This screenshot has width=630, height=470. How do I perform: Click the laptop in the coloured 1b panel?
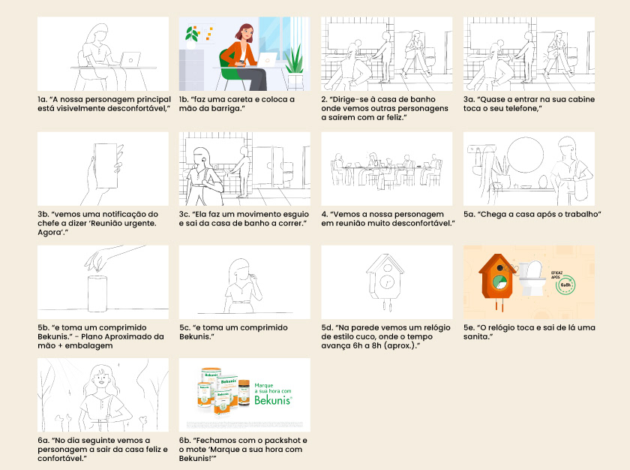tap(267, 59)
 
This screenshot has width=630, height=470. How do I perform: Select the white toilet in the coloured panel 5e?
tap(532, 278)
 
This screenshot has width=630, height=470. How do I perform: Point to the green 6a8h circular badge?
tap(565, 285)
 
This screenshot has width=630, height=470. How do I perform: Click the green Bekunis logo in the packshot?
tap(273, 400)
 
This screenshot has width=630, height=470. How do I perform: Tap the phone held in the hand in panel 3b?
tap(106, 166)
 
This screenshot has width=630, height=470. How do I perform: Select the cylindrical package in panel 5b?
tap(97, 294)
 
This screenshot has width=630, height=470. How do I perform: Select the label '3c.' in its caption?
tap(184, 214)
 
